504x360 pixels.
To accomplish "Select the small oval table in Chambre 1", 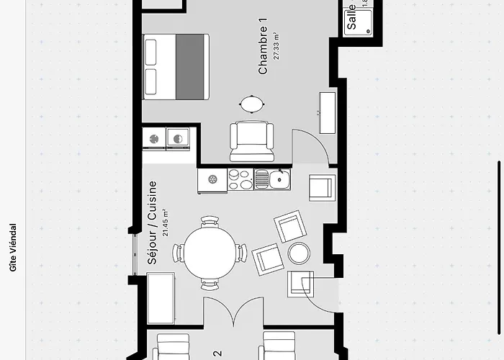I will pyautogui.click(x=251, y=104).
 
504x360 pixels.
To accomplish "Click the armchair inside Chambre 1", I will pyautogui.click(x=251, y=140).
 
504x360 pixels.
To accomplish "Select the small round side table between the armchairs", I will pyautogui.click(x=298, y=253).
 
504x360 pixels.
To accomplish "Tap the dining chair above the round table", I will pyautogui.click(x=210, y=222).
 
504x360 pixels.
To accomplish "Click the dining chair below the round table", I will pyautogui.click(x=210, y=285).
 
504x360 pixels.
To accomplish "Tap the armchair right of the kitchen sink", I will pyautogui.click(x=320, y=187).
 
